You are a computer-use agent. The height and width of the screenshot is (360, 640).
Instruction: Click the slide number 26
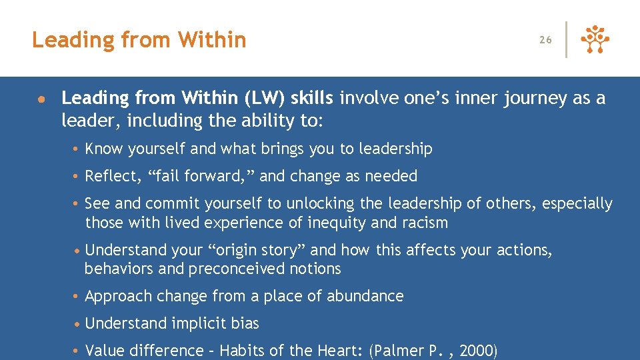(545, 40)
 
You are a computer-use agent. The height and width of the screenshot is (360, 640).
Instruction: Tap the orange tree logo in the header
(595, 40)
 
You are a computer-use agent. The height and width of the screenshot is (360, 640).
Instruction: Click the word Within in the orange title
(211, 40)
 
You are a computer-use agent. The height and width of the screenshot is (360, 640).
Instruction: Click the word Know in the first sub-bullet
(103, 149)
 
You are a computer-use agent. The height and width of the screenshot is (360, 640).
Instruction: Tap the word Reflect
(108, 176)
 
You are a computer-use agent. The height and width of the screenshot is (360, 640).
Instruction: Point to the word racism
(425, 223)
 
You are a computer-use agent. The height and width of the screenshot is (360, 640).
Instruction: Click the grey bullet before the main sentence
(41, 99)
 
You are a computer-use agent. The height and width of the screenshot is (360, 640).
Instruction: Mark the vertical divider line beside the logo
(567, 40)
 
